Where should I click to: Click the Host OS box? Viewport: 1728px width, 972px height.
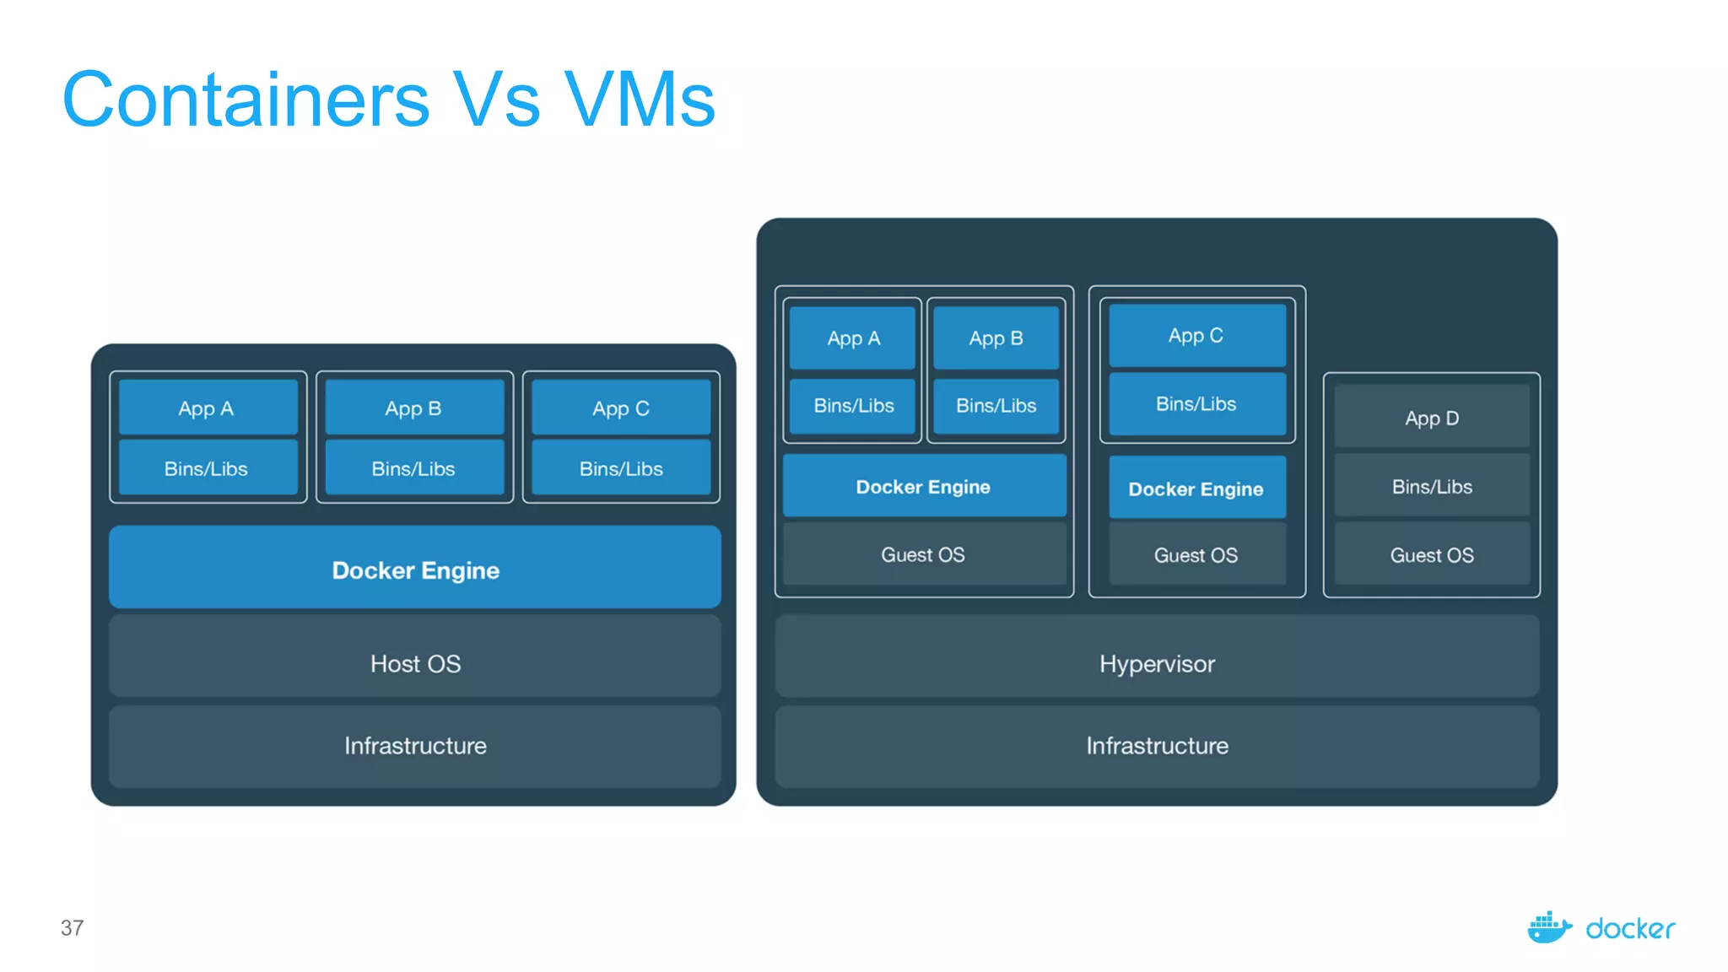[x=415, y=663]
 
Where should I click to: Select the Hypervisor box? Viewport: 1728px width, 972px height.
[x=1157, y=663]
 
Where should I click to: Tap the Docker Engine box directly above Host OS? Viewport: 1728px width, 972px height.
[x=415, y=570]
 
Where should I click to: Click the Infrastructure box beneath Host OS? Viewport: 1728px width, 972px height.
[x=415, y=746]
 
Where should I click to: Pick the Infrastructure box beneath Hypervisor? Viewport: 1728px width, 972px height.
[x=1157, y=746]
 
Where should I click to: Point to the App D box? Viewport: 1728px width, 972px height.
[x=1431, y=418]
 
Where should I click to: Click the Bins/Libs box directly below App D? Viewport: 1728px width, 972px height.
[x=1431, y=487]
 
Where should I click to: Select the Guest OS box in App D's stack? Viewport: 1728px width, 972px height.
[x=1431, y=555]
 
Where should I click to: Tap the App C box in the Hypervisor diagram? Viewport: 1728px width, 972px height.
[x=1196, y=336]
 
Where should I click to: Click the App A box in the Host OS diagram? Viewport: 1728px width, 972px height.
[x=207, y=408]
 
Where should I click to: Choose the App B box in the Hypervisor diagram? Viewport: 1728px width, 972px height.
[x=996, y=338]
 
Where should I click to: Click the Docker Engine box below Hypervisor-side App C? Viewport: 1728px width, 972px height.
[x=1196, y=489]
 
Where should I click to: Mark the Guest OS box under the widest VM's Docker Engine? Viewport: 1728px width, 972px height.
[x=923, y=554]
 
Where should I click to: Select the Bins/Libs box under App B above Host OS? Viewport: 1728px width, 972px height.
[x=413, y=468]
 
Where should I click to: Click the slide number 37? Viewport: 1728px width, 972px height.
[x=73, y=928]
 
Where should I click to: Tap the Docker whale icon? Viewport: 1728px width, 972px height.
[x=1549, y=928]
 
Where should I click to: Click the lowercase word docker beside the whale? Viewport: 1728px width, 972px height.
[x=1630, y=929]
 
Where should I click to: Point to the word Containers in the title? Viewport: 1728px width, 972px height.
[x=246, y=100]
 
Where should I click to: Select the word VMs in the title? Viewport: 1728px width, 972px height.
[x=640, y=100]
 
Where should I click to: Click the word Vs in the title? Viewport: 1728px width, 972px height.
[x=496, y=100]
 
